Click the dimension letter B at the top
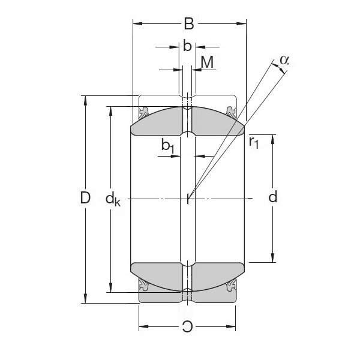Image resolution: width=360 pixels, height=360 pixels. (188, 25)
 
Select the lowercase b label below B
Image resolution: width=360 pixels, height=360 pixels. (187, 46)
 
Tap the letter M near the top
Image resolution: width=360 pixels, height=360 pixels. (207, 62)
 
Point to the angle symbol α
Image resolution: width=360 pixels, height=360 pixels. (284, 59)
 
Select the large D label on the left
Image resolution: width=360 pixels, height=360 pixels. (85, 198)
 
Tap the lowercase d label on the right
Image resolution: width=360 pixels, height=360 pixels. (273, 197)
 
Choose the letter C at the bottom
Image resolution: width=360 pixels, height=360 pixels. (188, 327)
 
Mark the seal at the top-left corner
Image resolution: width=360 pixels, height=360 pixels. (144, 112)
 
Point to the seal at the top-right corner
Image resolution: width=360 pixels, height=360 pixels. (232, 112)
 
